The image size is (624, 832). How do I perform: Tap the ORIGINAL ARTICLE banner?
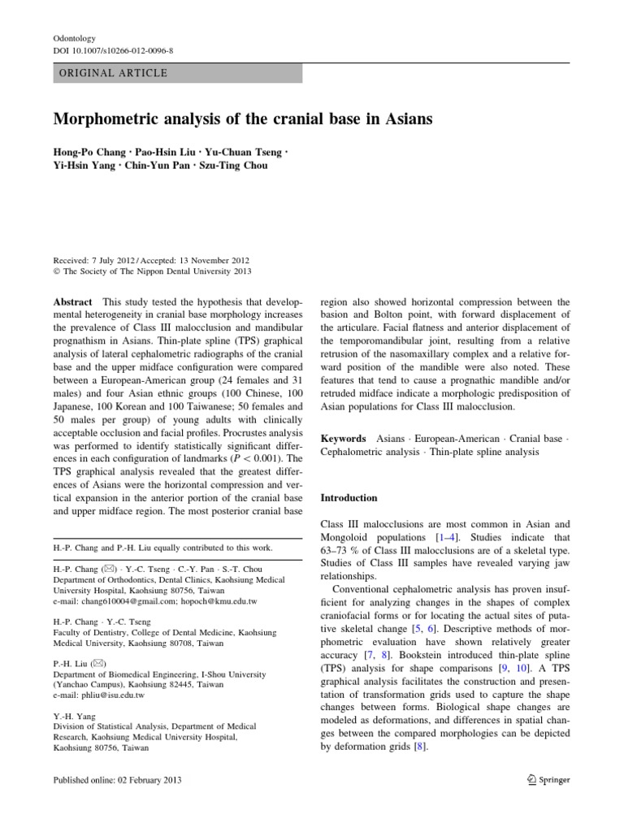[177, 73]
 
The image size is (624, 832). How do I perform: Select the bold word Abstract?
[74, 301]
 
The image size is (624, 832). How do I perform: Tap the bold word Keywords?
[344, 437]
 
